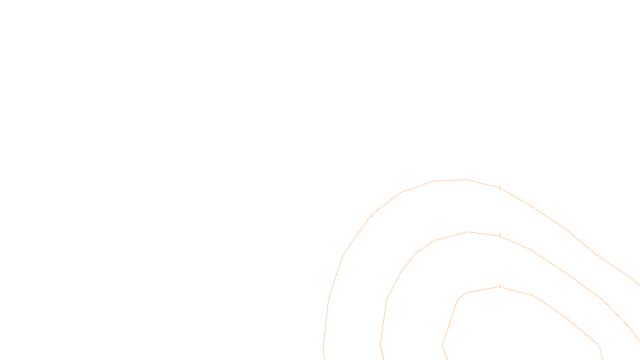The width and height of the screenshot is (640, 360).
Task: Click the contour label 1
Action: tap(499, 187)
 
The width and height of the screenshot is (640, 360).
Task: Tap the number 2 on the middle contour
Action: tap(500, 236)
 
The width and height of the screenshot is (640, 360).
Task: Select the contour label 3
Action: tap(500, 286)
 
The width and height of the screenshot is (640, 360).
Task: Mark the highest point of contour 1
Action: tap(467, 180)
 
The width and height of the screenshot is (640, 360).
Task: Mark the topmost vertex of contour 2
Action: tap(467, 232)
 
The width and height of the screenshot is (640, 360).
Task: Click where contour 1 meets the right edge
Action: tap(639, 285)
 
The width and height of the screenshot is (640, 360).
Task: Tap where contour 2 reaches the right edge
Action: tap(639, 341)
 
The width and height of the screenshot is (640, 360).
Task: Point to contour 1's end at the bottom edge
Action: tap(324, 359)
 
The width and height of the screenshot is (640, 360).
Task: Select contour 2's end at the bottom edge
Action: tap(384, 359)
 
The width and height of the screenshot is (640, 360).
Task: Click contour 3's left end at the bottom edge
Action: tap(447, 359)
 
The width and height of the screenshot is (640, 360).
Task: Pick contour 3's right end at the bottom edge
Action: tap(602, 359)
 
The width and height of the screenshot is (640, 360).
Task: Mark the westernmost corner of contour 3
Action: tap(442, 346)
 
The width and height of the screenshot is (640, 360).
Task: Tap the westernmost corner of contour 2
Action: tap(380, 345)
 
